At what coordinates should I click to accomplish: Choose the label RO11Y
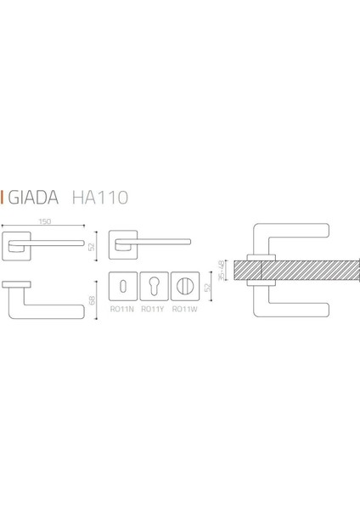155,320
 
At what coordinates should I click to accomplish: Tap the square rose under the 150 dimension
18,244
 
